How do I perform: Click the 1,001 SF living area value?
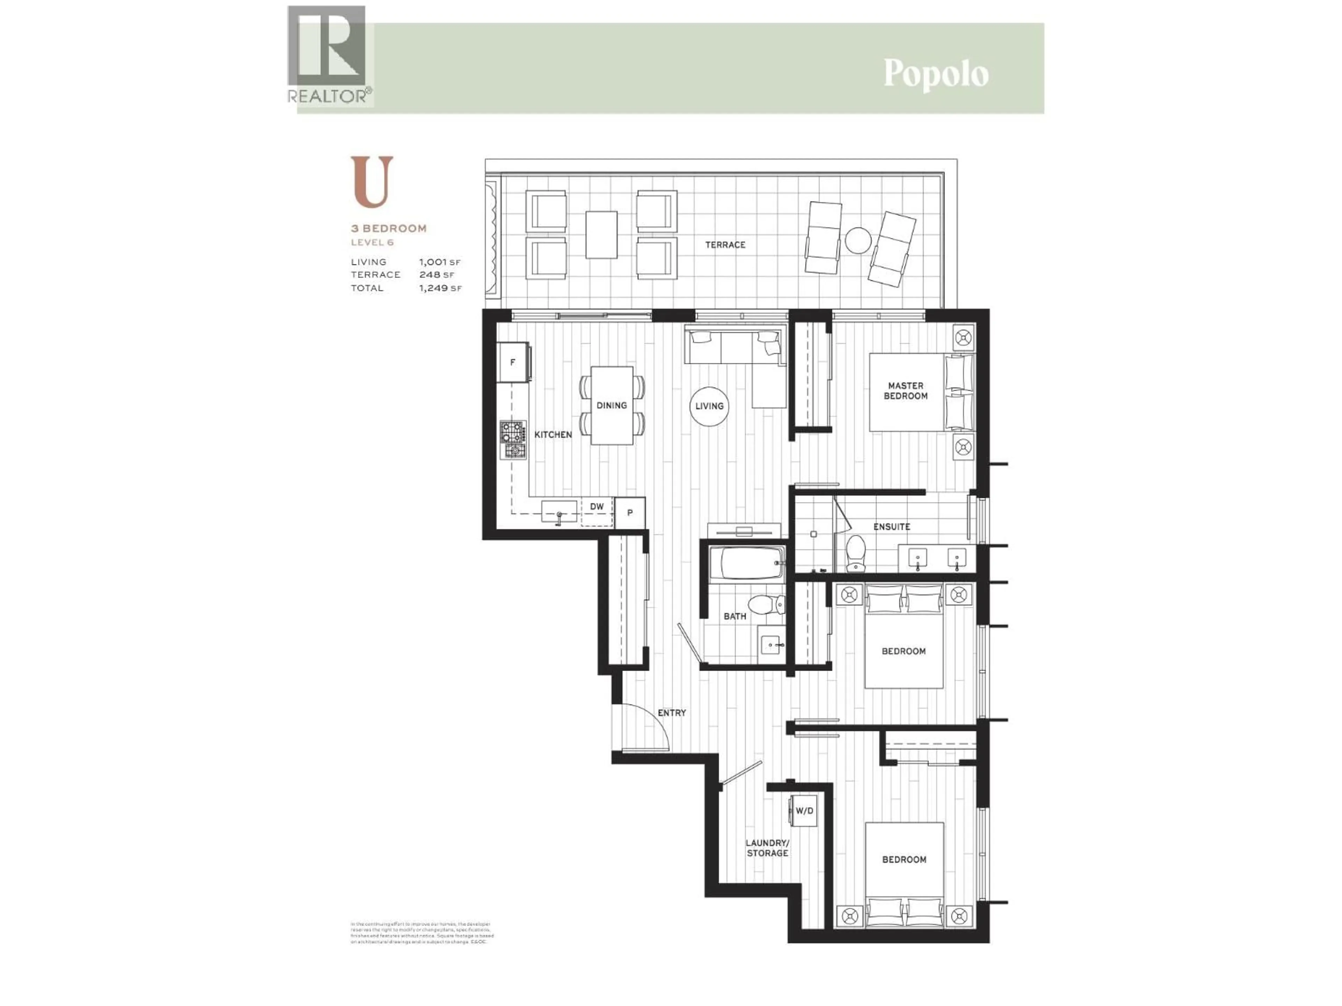[439, 262]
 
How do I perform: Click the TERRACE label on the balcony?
[725, 245]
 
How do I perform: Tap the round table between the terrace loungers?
[858, 240]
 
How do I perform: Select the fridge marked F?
[513, 363]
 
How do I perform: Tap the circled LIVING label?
[709, 406]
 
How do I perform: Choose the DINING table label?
[612, 405]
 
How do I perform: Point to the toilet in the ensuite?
[856, 552]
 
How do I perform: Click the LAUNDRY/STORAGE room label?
[767, 848]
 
